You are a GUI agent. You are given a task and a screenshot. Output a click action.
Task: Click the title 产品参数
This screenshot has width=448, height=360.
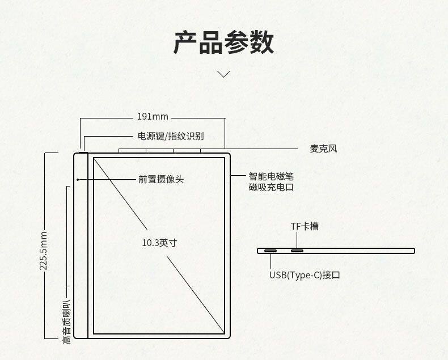(223, 43)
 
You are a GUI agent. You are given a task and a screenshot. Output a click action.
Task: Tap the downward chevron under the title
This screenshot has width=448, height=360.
(224, 74)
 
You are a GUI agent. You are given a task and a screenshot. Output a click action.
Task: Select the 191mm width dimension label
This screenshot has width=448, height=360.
(153, 117)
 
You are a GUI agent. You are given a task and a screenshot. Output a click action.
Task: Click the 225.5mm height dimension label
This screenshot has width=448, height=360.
(44, 250)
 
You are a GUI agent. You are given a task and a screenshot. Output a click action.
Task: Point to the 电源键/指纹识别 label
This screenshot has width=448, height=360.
(171, 136)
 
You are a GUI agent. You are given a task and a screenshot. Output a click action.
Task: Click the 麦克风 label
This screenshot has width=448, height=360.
(323, 149)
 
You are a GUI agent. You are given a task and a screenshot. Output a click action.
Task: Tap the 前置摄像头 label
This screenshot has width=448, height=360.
(161, 179)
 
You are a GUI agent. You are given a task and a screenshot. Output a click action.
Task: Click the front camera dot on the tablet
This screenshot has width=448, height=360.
(77, 179)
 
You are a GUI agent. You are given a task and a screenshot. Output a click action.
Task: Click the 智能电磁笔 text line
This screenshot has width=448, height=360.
(271, 176)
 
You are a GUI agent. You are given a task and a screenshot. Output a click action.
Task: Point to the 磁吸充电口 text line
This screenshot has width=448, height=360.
(271, 187)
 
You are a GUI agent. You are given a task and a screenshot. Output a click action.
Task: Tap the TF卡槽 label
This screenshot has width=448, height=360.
(305, 226)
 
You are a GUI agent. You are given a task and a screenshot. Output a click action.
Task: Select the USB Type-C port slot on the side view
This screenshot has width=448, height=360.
(270, 251)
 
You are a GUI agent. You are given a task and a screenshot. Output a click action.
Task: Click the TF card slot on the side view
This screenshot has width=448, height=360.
(297, 251)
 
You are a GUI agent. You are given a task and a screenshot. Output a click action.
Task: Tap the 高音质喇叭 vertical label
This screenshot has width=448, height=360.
(67, 322)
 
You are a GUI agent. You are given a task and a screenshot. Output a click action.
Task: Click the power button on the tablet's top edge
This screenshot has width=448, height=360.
(83, 151)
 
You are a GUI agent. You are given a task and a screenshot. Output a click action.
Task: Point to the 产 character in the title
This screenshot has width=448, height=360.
(185, 43)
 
